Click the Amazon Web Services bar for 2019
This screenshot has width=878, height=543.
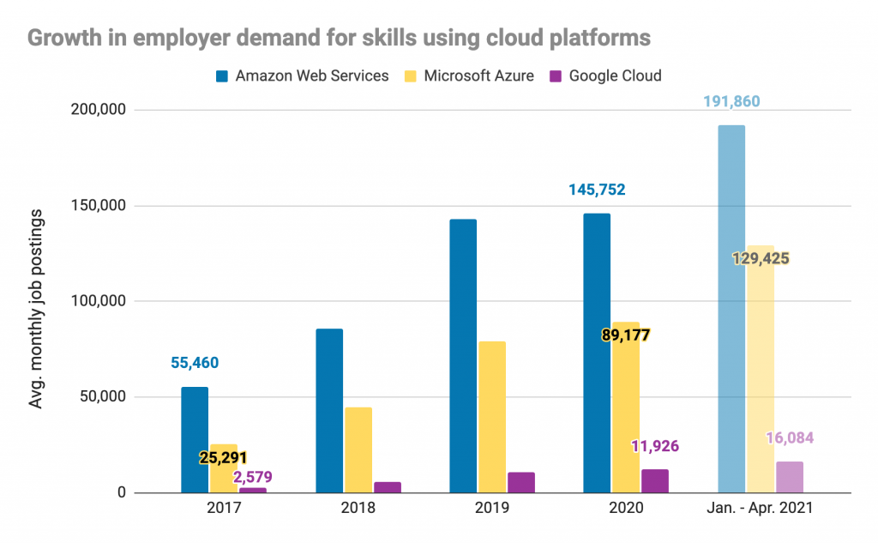(463, 356)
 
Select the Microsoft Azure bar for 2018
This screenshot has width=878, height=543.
(358, 450)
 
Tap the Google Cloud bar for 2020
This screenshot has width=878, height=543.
(655, 481)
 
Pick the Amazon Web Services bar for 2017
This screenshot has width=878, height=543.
(195, 440)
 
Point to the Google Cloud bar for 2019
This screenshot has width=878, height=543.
(521, 483)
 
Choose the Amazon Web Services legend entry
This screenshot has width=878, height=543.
(303, 75)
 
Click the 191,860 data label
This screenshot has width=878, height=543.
(731, 102)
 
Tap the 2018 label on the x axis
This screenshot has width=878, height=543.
(358, 508)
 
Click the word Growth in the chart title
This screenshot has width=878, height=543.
(63, 38)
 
